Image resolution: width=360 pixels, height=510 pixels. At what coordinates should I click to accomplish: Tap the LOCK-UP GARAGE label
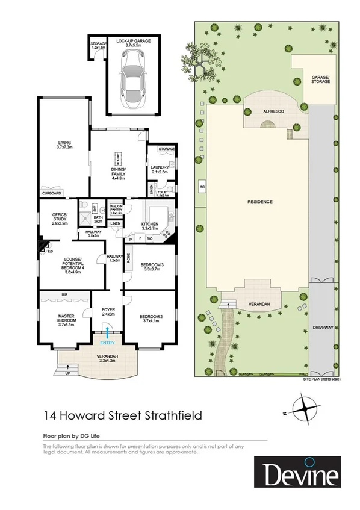[x=133, y=40]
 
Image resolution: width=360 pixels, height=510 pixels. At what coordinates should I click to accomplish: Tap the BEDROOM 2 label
[x=149, y=317]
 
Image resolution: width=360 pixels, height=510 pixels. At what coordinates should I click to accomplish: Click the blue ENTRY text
[x=107, y=343]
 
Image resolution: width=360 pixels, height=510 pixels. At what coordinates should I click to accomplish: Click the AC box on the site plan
[x=202, y=187]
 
